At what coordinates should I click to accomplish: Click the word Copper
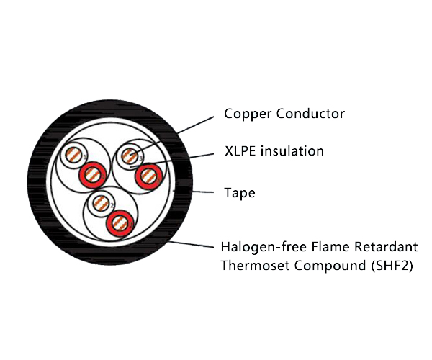[245, 114]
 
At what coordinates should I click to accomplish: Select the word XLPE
[240, 151]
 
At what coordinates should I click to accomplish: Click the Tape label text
[240, 194]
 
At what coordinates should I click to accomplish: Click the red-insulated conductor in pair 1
[92, 173]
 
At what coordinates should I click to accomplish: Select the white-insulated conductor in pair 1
[73, 156]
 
